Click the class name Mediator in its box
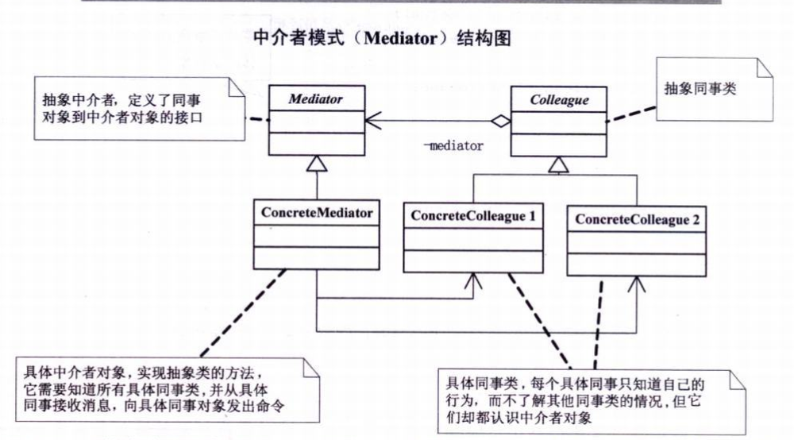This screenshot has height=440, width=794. tap(315, 100)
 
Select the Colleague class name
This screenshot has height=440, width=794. tap(559, 100)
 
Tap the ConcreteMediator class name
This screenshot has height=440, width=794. tap(316, 214)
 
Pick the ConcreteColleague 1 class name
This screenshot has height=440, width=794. tap(473, 214)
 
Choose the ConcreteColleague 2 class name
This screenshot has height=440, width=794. tap(637, 220)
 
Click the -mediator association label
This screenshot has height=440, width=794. tap(453, 145)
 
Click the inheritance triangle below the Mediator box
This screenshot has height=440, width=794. tap(316, 164)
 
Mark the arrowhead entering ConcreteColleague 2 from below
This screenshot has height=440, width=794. tap(636, 283)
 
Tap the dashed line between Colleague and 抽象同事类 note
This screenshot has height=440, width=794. tap(634, 113)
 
